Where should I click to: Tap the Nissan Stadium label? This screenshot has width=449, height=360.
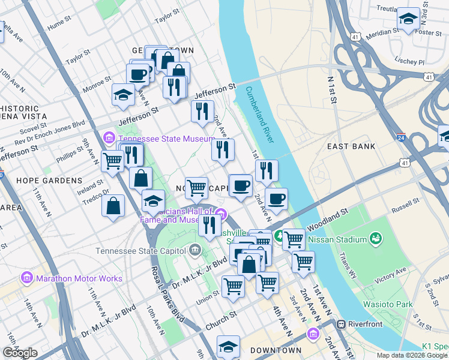click(x=336, y=240)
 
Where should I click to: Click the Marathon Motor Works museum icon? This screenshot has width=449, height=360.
click(x=26, y=278)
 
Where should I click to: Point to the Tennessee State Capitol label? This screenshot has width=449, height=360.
click(x=142, y=250)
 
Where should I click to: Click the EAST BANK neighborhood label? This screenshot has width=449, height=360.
click(x=351, y=146)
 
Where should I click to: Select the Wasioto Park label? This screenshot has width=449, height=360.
click(x=388, y=304)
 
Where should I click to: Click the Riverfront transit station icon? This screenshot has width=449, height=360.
click(x=342, y=324)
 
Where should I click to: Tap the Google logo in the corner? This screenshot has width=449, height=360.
click(x=20, y=353)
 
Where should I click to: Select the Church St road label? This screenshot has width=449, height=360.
click(x=220, y=319)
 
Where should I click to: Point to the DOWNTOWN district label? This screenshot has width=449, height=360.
click(x=276, y=350)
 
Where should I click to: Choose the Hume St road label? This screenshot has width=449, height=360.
click(x=59, y=25)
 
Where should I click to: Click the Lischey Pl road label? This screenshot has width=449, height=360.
click(x=410, y=61)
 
